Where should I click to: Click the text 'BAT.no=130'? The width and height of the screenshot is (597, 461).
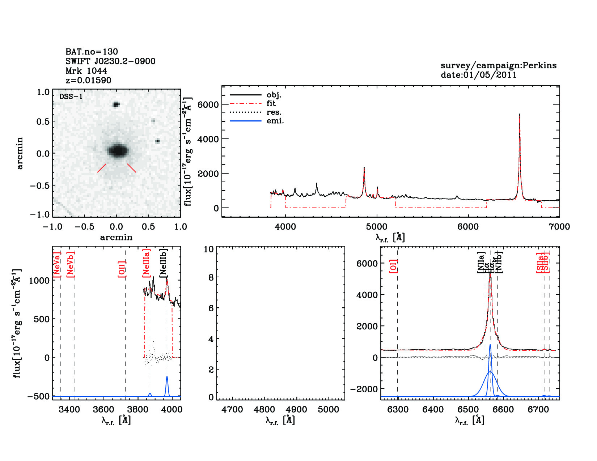coord(92,52)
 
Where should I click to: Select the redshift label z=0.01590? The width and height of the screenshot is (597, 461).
coord(88,80)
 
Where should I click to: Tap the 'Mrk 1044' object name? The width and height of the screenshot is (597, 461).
coord(86,71)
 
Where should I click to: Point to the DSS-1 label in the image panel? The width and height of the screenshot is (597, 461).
coord(71,97)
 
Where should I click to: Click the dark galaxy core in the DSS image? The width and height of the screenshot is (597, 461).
coord(118,150)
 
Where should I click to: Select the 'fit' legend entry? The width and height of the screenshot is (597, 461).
coord(271,103)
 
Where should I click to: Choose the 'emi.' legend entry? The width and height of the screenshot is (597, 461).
coord(275,121)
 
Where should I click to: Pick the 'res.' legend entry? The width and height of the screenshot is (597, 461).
coord(274,112)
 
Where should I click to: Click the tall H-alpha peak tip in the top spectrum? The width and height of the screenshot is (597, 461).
coord(520,114)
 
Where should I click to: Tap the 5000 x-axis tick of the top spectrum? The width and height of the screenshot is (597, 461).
coord(377,227)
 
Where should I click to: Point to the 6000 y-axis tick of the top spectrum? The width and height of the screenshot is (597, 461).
coord(208,104)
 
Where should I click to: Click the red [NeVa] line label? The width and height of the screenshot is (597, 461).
coord(56,265)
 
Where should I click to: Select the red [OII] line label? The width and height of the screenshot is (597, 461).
coord(122,269)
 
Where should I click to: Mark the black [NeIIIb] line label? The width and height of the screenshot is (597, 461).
coord(164,262)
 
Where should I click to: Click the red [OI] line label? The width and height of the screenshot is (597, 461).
coord(394,266)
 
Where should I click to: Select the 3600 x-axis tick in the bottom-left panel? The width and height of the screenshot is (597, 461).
coord(103,410)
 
